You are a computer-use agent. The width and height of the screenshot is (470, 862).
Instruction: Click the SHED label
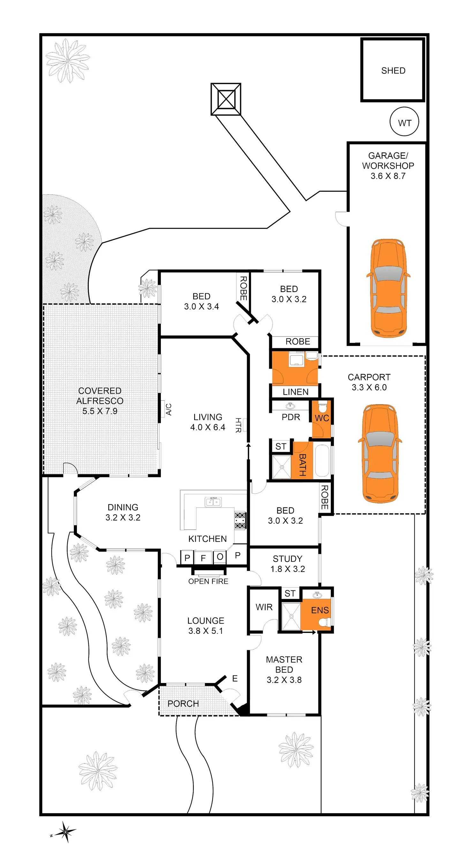point(393,71)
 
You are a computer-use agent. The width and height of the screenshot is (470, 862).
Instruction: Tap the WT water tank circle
point(404,121)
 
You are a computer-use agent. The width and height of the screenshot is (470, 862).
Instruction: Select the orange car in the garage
point(388,288)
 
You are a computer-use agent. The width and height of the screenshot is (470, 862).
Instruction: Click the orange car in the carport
point(380,453)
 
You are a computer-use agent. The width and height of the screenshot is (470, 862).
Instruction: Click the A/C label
point(169,409)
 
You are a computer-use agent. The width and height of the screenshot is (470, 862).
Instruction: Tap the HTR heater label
point(238,425)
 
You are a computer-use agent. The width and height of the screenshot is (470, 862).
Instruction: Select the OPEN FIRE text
point(208,581)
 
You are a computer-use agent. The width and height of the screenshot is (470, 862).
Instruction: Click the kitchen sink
point(213,502)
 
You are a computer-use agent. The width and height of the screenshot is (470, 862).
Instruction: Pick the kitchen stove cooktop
point(240,520)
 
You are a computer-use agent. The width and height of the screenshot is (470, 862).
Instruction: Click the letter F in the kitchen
point(203,558)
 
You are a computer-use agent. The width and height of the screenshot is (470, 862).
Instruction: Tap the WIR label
point(264,607)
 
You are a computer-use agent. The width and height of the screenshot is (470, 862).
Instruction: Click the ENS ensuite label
point(320,610)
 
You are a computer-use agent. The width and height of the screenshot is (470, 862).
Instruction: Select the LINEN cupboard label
point(295,392)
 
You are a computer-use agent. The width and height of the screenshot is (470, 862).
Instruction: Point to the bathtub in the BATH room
point(322,460)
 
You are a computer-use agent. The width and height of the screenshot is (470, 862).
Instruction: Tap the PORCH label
point(183,704)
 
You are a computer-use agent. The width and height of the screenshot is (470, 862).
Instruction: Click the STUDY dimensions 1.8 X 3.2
point(288,569)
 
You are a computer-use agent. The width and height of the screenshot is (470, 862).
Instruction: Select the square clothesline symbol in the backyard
point(226,99)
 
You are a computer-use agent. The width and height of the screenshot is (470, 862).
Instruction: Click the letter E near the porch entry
point(235,678)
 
